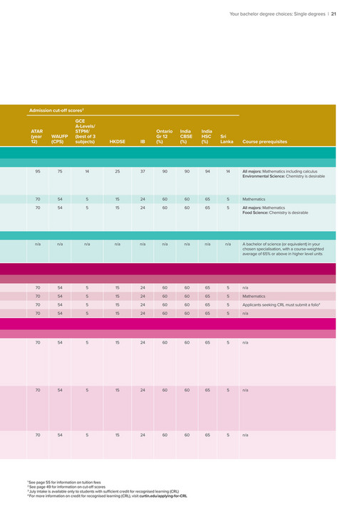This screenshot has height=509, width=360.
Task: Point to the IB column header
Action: pos(143,142)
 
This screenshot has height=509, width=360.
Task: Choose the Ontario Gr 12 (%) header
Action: pos(164,135)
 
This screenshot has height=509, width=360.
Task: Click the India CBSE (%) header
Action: pos(186,135)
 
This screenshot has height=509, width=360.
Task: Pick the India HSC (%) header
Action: pos(207,135)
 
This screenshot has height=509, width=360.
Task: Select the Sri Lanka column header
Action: pos(227,138)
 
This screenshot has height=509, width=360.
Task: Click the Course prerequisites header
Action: pos(264,142)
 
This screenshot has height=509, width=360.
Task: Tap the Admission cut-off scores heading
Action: pos(57,110)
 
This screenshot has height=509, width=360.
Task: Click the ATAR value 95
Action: pos(37,172)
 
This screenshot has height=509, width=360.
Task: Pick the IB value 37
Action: pos(143,172)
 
